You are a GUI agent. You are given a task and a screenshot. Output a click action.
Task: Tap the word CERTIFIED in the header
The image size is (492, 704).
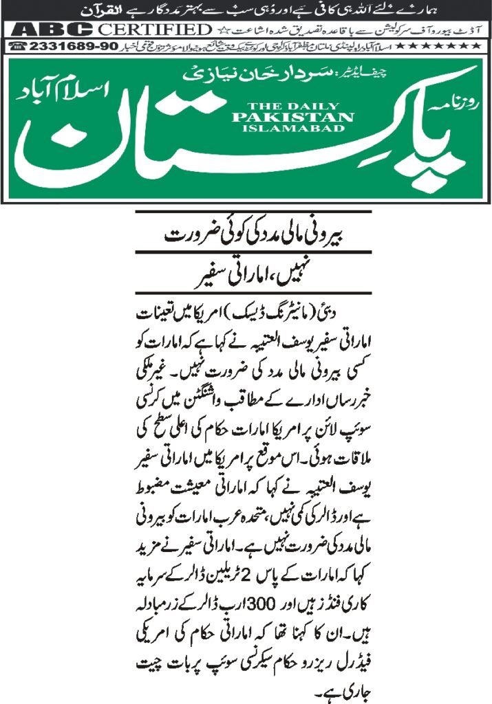pyautogui.click(x=155, y=30)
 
